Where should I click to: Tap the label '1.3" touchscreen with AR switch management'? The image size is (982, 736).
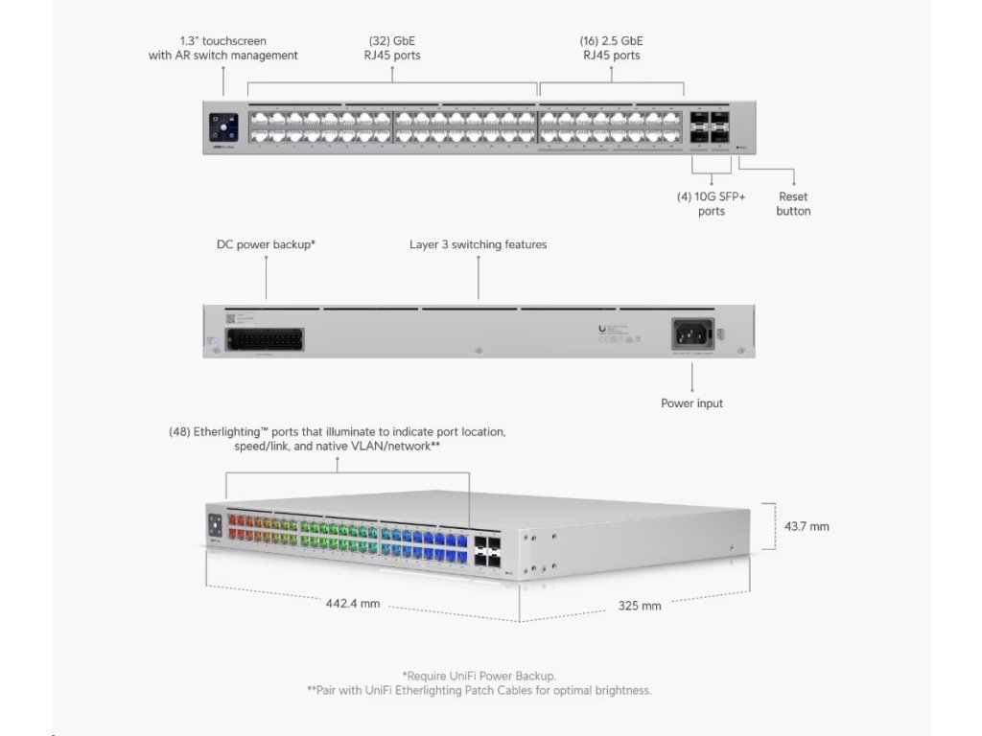click(x=222, y=48)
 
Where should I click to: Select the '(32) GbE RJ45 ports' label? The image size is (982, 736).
click(x=393, y=48)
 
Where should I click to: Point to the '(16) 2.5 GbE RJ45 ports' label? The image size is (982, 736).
click(x=611, y=48)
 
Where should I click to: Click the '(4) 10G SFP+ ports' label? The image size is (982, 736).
click(x=711, y=203)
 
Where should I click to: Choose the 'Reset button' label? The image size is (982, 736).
click(x=793, y=203)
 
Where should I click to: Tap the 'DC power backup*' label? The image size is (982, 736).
click(x=266, y=244)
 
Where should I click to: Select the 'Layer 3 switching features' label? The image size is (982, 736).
click(x=478, y=244)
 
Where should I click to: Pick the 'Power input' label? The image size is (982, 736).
click(x=691, y=403)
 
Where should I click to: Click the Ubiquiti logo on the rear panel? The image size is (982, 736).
click(x=601, y=329)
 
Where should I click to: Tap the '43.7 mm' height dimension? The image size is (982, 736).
click(x=807, y=526)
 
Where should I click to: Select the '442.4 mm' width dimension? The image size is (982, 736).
click(x=353, y=604)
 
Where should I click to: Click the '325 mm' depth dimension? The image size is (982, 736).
click(x=639, y=606)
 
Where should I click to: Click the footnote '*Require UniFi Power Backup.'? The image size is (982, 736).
click(x=479, y=676)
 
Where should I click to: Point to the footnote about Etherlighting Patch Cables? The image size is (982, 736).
click(x=479, y=690)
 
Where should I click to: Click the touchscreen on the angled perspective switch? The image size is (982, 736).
click(x=215, y=525)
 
